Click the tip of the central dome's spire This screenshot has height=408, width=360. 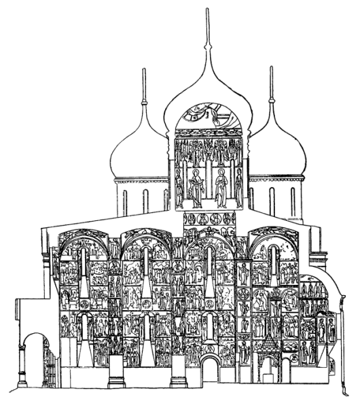[x=207, y=10]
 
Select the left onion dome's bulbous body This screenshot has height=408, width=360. [x=139, y=153]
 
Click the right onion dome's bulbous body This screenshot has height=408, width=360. [x=275, y=153]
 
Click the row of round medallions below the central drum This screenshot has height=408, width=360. [x=209, y=220]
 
